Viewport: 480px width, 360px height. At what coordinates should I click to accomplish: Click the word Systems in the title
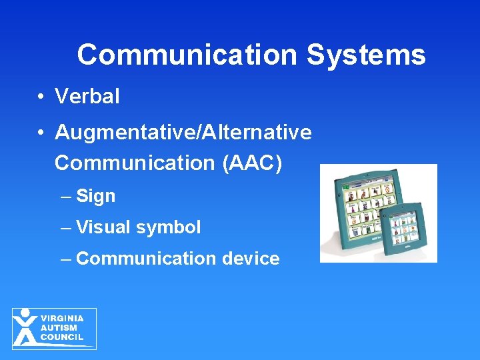tap(365, 55)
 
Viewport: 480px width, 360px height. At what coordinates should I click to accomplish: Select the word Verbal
tap(87, 97)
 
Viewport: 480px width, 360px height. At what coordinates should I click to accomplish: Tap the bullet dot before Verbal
tap(41, 97)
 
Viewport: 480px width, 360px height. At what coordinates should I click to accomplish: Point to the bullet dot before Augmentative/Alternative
tap(41, 133)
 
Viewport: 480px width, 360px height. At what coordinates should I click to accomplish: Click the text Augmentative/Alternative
tap(183, 133)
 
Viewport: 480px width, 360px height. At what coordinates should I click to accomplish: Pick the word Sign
tap(96, 196)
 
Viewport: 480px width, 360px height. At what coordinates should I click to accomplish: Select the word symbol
tap(168, 227)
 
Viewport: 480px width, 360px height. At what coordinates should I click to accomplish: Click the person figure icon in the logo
tap(25, 327)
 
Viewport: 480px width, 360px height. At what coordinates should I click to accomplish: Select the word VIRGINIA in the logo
tap(62, 319)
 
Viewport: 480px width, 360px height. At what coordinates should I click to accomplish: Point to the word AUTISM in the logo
tap(59, 328)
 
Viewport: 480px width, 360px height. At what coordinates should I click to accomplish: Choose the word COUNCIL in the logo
tap(62, 337)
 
